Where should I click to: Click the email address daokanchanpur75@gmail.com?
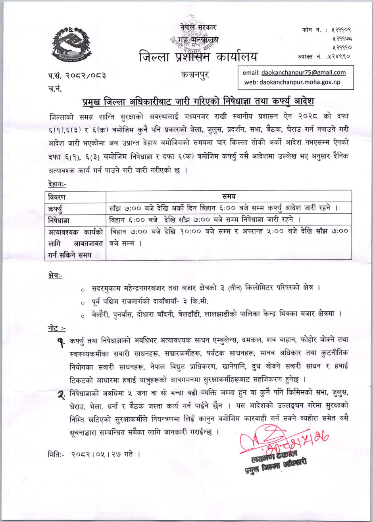click(x=303, y=73)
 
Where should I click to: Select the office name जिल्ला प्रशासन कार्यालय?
click(x=198, y=56)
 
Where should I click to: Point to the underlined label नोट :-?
click(x=56, y=328)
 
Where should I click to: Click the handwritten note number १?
click(x=62, y=341)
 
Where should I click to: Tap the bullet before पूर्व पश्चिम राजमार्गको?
click(x=81, y=303)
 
